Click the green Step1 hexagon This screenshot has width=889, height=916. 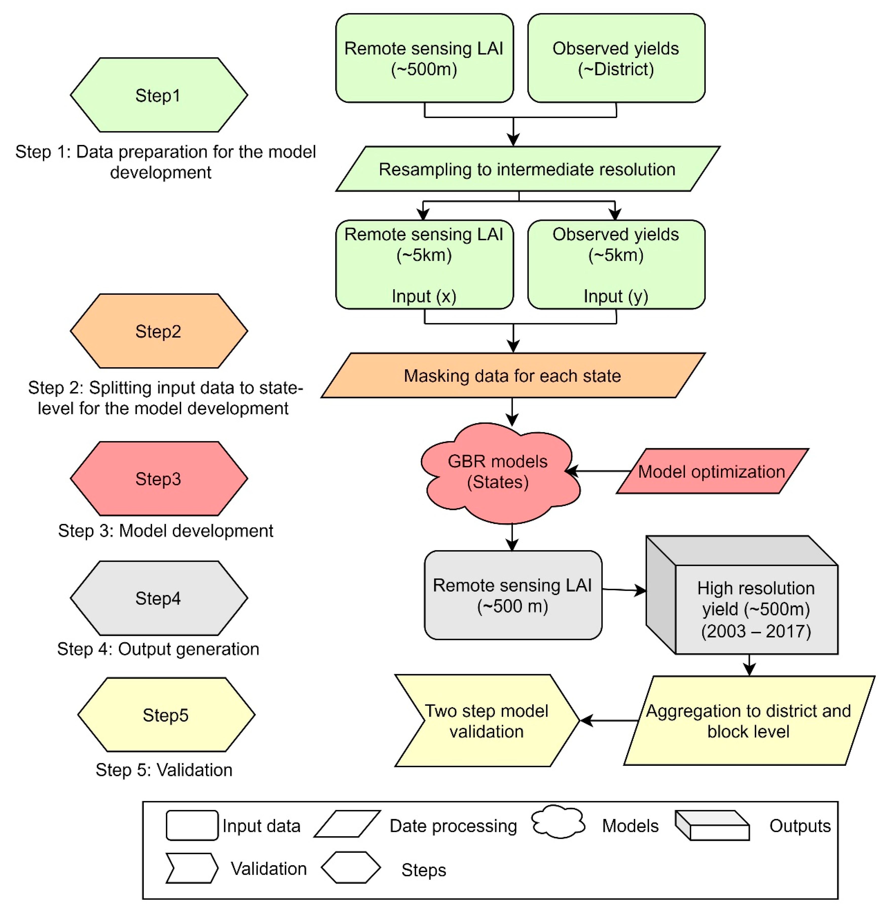[159, 95]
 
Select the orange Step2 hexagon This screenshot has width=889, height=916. [159, 331]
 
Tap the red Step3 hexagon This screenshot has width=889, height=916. [159, 479]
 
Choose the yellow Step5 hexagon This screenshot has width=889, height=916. [166, 715]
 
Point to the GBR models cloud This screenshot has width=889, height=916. [498, 472]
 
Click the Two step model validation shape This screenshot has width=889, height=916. [486, 721]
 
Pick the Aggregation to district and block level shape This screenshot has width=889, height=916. [748, 721]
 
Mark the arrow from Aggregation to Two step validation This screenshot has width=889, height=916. [608, 721]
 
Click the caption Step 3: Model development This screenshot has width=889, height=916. [165, 531]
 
